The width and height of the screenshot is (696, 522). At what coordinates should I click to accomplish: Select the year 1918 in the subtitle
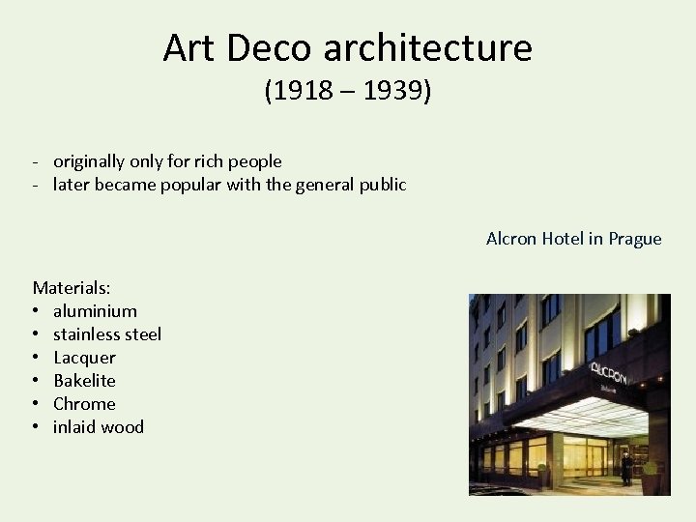coord(304,92)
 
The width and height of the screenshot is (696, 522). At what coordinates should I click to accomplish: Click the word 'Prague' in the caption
coord(635,239)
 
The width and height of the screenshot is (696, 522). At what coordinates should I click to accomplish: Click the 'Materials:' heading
coord(72,288)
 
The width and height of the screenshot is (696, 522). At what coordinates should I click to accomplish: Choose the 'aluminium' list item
coord(95,311)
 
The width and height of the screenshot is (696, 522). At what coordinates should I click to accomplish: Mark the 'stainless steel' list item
coord(107,334)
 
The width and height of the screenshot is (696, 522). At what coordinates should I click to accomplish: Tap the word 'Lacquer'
coord(84,358)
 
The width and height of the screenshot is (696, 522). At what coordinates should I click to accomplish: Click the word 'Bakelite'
coord(84,381)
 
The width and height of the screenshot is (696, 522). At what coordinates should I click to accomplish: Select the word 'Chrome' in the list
coord(84,404)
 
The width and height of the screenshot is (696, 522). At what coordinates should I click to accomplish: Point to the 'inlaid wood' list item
coord(99,427)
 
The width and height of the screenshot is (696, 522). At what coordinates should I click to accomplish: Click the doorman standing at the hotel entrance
coord(626,466)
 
